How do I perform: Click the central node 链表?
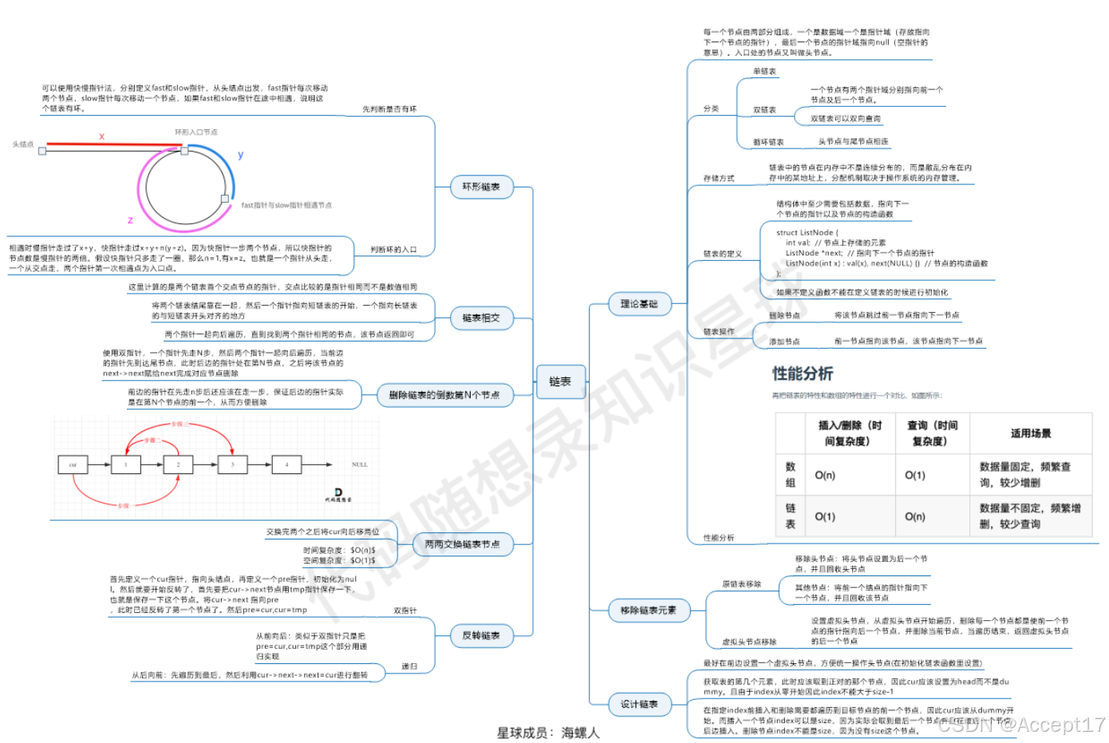(x=560, y=381)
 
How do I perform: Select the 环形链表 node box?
(x=481, y=187)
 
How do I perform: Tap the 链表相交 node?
(x=481, y=318)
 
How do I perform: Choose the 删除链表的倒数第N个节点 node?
(x=444, y=394)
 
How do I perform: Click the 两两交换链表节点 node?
(x=463, y=544)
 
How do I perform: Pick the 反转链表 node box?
(x=481, y=635)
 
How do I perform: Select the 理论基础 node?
(x=639, y=303)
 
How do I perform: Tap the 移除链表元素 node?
(x=649, y=611)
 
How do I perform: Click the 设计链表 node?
(x=639, y=704)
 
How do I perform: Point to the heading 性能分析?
(x=803, y=373)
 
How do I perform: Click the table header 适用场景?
(x=1031, y=433)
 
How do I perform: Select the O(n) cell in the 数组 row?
(x=825, y=475)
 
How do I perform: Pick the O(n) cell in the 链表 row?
(x=915, y=516)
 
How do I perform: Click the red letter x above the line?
(x=102, y=136)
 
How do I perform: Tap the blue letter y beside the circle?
(x=241, y=155)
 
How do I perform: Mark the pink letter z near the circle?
(x=130, y=219)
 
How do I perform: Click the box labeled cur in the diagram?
(x=73, y=464)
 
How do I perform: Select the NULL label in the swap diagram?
(x=360, y=464)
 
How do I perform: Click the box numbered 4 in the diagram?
(x=286, y=464)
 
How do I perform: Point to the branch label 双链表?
(x=764, y=110)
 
